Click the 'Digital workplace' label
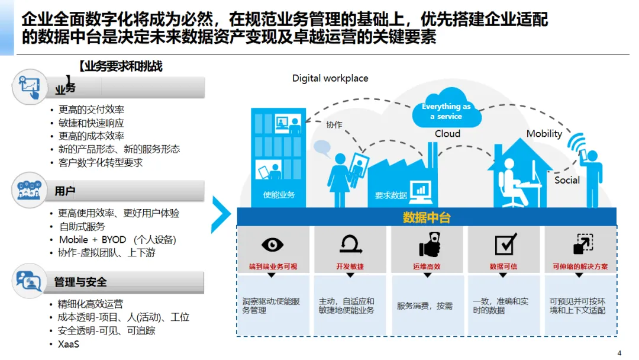(x=330, y=78)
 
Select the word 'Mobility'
(x=544, y=134)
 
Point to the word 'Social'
(x=567, y=180)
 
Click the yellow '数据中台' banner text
(x=427, y=217)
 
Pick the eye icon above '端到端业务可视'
(x=272, y=245)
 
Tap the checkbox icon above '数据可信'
(x=505, y=244)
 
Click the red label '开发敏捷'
(x=350, y=266)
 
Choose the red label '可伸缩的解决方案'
(x=580, y=266)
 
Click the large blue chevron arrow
(x=221, y=214)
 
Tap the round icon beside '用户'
(x=28, y=191)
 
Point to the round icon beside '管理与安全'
(x=28, y=281)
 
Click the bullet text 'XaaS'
(x=69, y=344)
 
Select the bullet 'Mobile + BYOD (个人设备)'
(x=117, y=240)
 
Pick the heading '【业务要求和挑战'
(x=121, y=66)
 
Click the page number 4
(x=619, y=353)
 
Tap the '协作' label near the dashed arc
(x=334, y=124)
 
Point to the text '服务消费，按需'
(x=425, y=306)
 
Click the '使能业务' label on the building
(x=279, y=194)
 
